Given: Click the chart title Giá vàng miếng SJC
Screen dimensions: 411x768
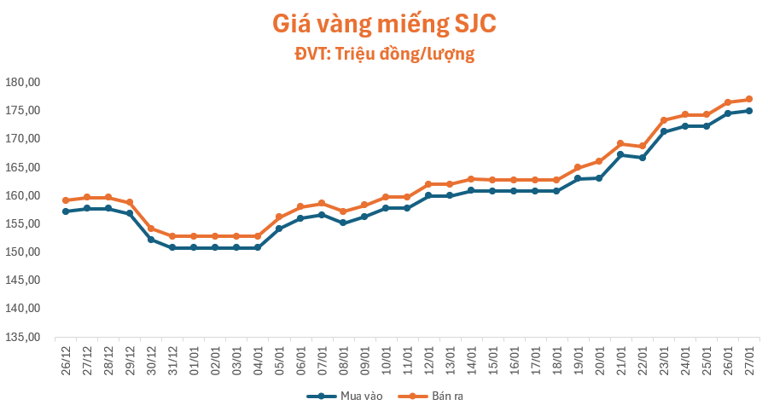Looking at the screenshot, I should tap(383, 24).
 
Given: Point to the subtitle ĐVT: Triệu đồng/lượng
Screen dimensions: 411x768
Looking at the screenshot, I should tap(384, 55).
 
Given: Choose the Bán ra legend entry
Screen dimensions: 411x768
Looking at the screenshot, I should tap(432, 396).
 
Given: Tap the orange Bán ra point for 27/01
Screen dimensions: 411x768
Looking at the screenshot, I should tap(749, 99).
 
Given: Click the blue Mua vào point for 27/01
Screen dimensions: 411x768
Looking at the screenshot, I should tap(749, 111).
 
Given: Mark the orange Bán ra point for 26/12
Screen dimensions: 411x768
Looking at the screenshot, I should tap(66, 200).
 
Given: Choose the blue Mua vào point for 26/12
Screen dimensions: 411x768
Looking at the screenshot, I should tap(66, 211).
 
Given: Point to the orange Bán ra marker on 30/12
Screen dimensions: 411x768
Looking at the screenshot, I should tap(151, 229).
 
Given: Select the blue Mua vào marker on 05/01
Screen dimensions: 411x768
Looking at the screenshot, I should tap(279, 229).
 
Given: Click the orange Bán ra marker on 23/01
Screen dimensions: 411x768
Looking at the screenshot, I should tap(663, 120).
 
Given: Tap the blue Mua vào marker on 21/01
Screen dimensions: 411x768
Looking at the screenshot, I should tap(620, 154).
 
